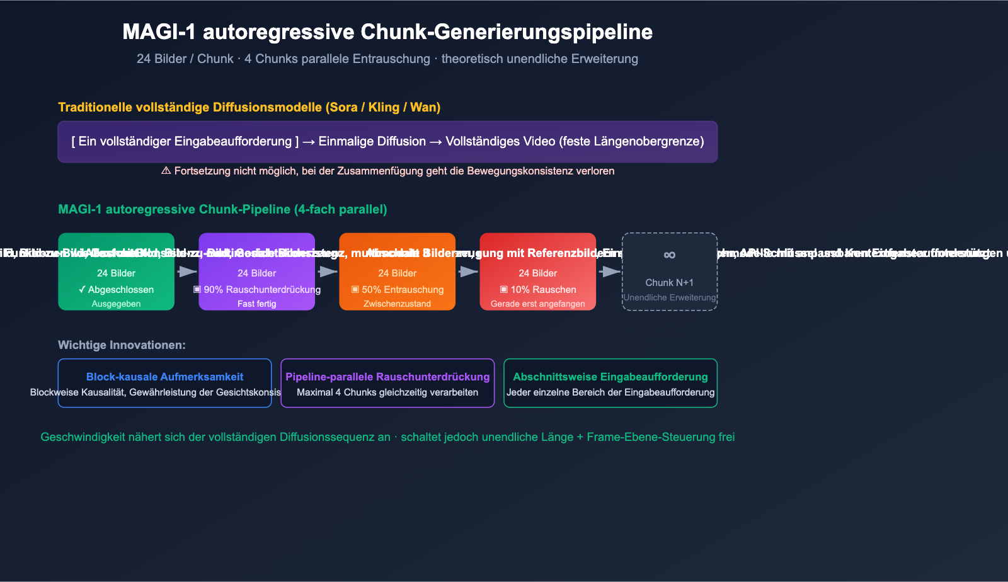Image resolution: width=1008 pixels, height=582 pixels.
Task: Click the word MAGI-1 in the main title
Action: pos(159,32)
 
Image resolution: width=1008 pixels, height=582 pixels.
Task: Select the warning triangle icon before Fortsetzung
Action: pos(166,171)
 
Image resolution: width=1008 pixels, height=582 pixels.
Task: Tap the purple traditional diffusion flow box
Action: pos(387,142)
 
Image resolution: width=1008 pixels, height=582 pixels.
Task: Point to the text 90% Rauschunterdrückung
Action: pos(261,290)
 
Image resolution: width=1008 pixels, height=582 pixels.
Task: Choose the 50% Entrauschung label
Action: pos(402,290)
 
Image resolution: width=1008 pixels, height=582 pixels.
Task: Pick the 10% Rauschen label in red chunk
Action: pos(542,290)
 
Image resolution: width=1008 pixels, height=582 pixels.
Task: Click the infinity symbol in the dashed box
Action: pos(670,255)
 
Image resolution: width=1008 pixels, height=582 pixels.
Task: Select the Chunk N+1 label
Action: pos(670,283)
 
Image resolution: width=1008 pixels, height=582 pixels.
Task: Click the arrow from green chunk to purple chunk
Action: pos(187,271)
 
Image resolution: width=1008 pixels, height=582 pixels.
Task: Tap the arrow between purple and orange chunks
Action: pos(328,271)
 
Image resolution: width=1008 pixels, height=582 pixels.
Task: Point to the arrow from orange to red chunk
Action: pos(468,271)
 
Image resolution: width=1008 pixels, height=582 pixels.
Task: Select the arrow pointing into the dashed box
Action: pos(609,271)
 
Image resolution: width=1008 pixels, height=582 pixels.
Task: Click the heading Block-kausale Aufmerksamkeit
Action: pos(164,377)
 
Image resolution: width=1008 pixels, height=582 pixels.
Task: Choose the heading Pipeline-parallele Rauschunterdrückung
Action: pos(387,377)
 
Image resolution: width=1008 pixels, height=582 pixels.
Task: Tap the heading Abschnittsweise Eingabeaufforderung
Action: pos(610,377)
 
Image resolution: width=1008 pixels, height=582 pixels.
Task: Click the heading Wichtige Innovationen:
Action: pos(122,345)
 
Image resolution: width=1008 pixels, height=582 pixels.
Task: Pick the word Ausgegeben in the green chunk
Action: pos(117,304)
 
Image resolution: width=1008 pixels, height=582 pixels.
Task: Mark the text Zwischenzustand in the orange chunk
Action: pos(398,304)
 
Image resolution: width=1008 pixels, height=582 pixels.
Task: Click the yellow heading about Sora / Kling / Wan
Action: pos(249,107)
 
